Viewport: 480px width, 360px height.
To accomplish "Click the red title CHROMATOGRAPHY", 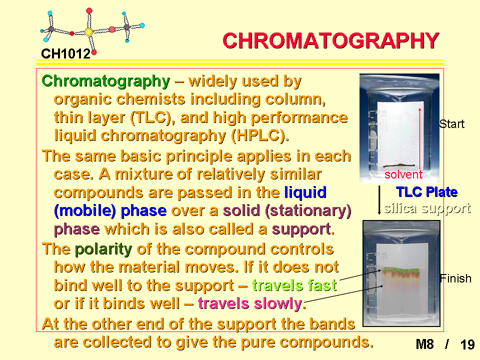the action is (331, 40).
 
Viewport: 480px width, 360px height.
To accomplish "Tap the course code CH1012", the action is (66, 54).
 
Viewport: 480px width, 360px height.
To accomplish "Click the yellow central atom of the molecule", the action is (88, 32).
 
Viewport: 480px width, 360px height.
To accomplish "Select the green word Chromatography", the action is (106, 81).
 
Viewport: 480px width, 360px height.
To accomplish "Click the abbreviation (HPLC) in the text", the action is (260, 136).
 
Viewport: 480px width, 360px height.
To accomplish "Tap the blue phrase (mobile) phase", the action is (110, 211).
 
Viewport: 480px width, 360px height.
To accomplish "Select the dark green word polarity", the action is (103, 249).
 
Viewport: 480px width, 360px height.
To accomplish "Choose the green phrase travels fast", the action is (294, 285).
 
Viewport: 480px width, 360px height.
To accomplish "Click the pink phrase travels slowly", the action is (250, 303).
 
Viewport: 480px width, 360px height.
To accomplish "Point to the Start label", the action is (452, 124).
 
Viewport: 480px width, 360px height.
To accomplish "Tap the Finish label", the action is (455, 278).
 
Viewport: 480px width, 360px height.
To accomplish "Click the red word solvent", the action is (403, 174).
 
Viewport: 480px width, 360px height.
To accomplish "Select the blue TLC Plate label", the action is (426, 192).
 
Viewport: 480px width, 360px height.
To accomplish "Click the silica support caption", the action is (427, 208).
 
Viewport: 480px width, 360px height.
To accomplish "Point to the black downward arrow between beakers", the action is (379, 200).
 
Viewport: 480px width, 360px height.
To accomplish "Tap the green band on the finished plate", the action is (401, 270).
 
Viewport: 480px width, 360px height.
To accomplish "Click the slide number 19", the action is (467, 344).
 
